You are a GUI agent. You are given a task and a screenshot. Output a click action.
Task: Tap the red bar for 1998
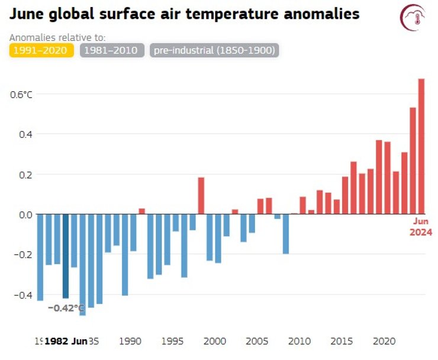(x=201, y=195)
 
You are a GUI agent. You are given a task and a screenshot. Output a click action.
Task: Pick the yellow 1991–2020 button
(x=41, y=50)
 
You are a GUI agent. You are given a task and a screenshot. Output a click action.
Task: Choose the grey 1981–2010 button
(x=112, y=50)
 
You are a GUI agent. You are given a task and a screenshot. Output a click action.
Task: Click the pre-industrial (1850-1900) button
(x=214, y=50)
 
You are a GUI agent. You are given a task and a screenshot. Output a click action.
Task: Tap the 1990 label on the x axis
(x=130, y=342)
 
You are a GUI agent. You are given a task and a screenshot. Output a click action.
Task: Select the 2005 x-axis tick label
(x=256, y=342)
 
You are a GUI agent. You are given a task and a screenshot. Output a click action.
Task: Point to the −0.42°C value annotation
(x=66, y=308)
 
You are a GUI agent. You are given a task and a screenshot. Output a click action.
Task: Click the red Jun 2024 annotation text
(x=421, y=227)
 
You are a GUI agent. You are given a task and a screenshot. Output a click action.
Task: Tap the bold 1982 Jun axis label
(x=66, y=342)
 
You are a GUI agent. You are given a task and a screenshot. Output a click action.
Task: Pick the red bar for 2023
(x=413, y=160)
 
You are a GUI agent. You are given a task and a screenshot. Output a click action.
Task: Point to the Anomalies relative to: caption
(x=57, y=37)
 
